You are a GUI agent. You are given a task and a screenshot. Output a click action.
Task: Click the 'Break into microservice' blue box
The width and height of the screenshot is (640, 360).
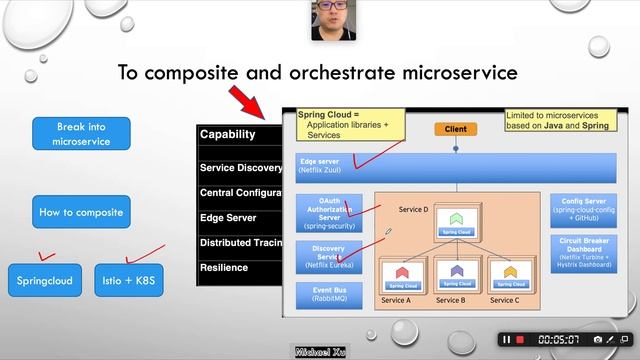coord(81,134)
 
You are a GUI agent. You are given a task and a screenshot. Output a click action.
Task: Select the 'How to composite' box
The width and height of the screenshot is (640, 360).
coord(81,212)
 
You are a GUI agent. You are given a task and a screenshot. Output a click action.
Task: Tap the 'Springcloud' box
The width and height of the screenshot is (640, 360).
coord(45,280)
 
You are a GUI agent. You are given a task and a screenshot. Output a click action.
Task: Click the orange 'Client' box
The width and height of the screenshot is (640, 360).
coord(455,129)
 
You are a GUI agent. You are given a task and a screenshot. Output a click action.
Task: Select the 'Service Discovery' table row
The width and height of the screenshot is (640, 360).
coord(240,168)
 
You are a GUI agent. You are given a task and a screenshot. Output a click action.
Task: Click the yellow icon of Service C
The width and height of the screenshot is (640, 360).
coord(510,271)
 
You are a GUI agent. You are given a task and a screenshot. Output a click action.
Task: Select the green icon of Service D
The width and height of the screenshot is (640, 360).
coord(456,218)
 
